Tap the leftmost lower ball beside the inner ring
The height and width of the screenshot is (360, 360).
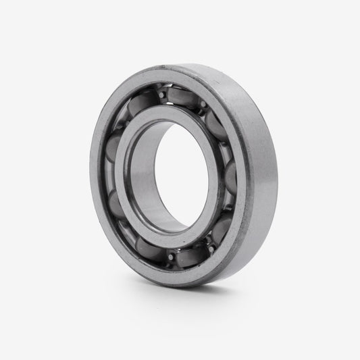(115, 203)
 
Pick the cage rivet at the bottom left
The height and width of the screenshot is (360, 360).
(172, 256)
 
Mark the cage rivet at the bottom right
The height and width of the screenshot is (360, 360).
(210, 249)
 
